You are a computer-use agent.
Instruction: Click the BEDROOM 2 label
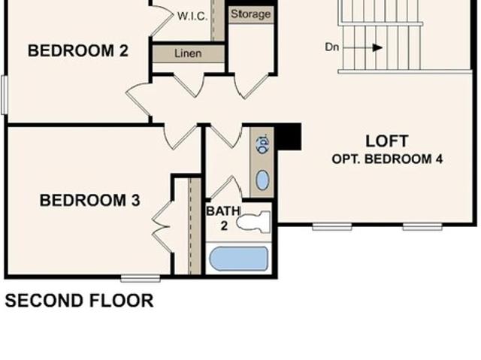click(x=78, y=50)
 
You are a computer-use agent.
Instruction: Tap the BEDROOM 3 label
click(x=90, y=200)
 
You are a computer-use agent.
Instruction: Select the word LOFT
click(x=387, y=141)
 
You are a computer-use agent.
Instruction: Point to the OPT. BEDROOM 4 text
click(x=387, y=159)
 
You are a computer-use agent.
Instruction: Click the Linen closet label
click(x=188, y=53)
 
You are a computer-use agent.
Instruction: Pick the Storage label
click(x=250, y=14)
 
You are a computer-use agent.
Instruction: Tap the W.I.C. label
click(x=192, y=16)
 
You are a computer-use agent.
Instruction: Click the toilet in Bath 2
click(x=253, y=222)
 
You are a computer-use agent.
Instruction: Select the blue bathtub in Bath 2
click(x=239, y=259)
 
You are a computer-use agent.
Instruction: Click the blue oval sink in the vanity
click(x=262, y=180)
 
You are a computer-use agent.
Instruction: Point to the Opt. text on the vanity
click(x=263, y=144)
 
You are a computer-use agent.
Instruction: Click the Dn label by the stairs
click(x=332, y=47)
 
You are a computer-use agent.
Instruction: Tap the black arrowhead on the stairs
click(x=377, y=47)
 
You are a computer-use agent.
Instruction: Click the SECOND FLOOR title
click(x=79, y=301)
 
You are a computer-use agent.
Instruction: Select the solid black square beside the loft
click(x=288, y=137)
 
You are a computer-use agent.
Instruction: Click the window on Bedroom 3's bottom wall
click(x=141, y=278)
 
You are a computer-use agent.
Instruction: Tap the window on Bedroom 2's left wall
click(x=5, y=95)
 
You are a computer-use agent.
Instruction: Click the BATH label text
click(x=223, y=211)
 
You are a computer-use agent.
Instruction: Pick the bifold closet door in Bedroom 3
click(x=161, y=227)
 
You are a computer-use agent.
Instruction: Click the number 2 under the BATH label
click(x=224, y=225)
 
